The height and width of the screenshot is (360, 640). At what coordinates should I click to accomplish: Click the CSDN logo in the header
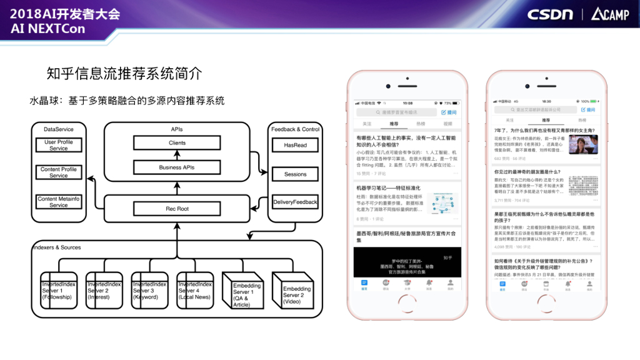[550, 14]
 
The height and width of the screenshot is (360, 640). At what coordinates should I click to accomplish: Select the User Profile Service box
[59, 145]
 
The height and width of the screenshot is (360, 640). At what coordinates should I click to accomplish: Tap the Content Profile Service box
[59, 172]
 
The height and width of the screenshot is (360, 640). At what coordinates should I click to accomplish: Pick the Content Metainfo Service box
[59, 202]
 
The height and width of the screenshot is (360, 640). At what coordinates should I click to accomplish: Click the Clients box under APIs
[177, 143]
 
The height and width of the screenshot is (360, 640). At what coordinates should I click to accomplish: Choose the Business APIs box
[177, 167]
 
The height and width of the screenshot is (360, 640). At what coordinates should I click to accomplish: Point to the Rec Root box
[177, 209]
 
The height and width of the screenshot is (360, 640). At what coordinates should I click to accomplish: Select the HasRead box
[295, 145]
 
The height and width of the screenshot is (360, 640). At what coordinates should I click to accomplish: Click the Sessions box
[295, 174]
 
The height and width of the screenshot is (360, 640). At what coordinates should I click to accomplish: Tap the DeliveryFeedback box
[295, 202]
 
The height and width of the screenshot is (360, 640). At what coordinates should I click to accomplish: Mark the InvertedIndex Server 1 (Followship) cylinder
[58, 291]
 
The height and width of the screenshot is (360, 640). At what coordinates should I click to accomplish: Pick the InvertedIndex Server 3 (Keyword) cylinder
[150, 291]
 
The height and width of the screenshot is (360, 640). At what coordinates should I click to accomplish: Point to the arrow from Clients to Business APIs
[177, 155]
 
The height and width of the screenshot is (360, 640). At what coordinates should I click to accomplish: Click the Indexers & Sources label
[57, 247]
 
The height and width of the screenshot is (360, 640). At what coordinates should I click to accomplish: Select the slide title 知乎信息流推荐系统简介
[124, 73]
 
